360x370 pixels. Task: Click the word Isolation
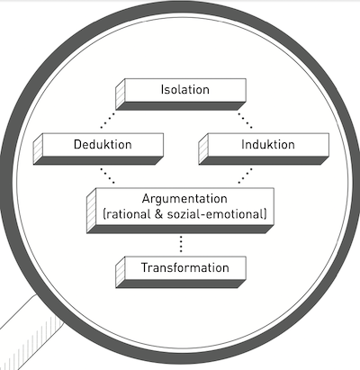[x=185, y=90]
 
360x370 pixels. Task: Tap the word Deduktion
[x=103, y=144]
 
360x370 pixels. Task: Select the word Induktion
[x=268, y=144]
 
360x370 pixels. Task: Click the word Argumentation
[x=184, y=199]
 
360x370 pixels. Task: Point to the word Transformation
[x=185, y=267]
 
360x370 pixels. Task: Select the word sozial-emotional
[x=215, y=214]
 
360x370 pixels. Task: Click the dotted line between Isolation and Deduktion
[x=108, y=120]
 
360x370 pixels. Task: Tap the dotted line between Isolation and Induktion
[x=245, y=120]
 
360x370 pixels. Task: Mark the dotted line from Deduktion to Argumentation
[x=107, y=176]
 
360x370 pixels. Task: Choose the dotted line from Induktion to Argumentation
[x=245, y=176]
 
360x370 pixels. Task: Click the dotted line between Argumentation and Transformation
[x=181, y=244]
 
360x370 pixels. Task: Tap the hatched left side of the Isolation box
[x=121, y=95]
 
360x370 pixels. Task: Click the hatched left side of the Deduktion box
[x=38, y=149]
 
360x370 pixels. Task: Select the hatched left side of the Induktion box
[x=203, y=149]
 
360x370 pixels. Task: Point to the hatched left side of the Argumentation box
[x=92, y=211]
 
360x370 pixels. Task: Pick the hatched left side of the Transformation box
[x=121, y=272]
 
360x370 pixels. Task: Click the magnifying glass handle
[x=30, y=336]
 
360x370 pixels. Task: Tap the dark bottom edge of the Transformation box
[x=181, y=284]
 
